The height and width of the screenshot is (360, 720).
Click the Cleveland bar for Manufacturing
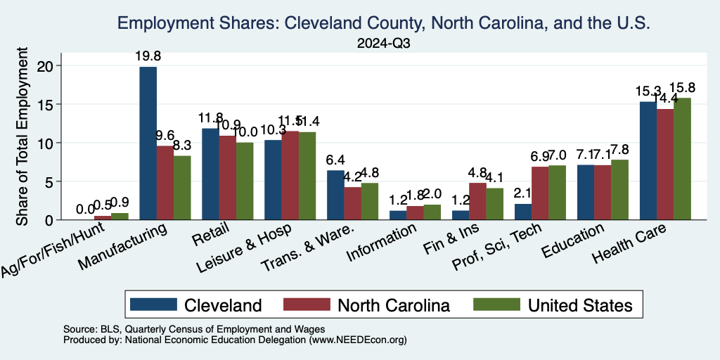(148, 143)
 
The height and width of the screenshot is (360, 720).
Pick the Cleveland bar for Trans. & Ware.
(336, 195)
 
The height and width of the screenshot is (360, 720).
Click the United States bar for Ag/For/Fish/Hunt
(120, 217)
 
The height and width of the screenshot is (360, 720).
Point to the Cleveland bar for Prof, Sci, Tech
(522, 212)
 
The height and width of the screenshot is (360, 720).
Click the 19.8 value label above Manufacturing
(148, 56)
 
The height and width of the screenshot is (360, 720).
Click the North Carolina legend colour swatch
(306, 304)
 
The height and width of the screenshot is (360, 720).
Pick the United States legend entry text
(580, 304)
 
